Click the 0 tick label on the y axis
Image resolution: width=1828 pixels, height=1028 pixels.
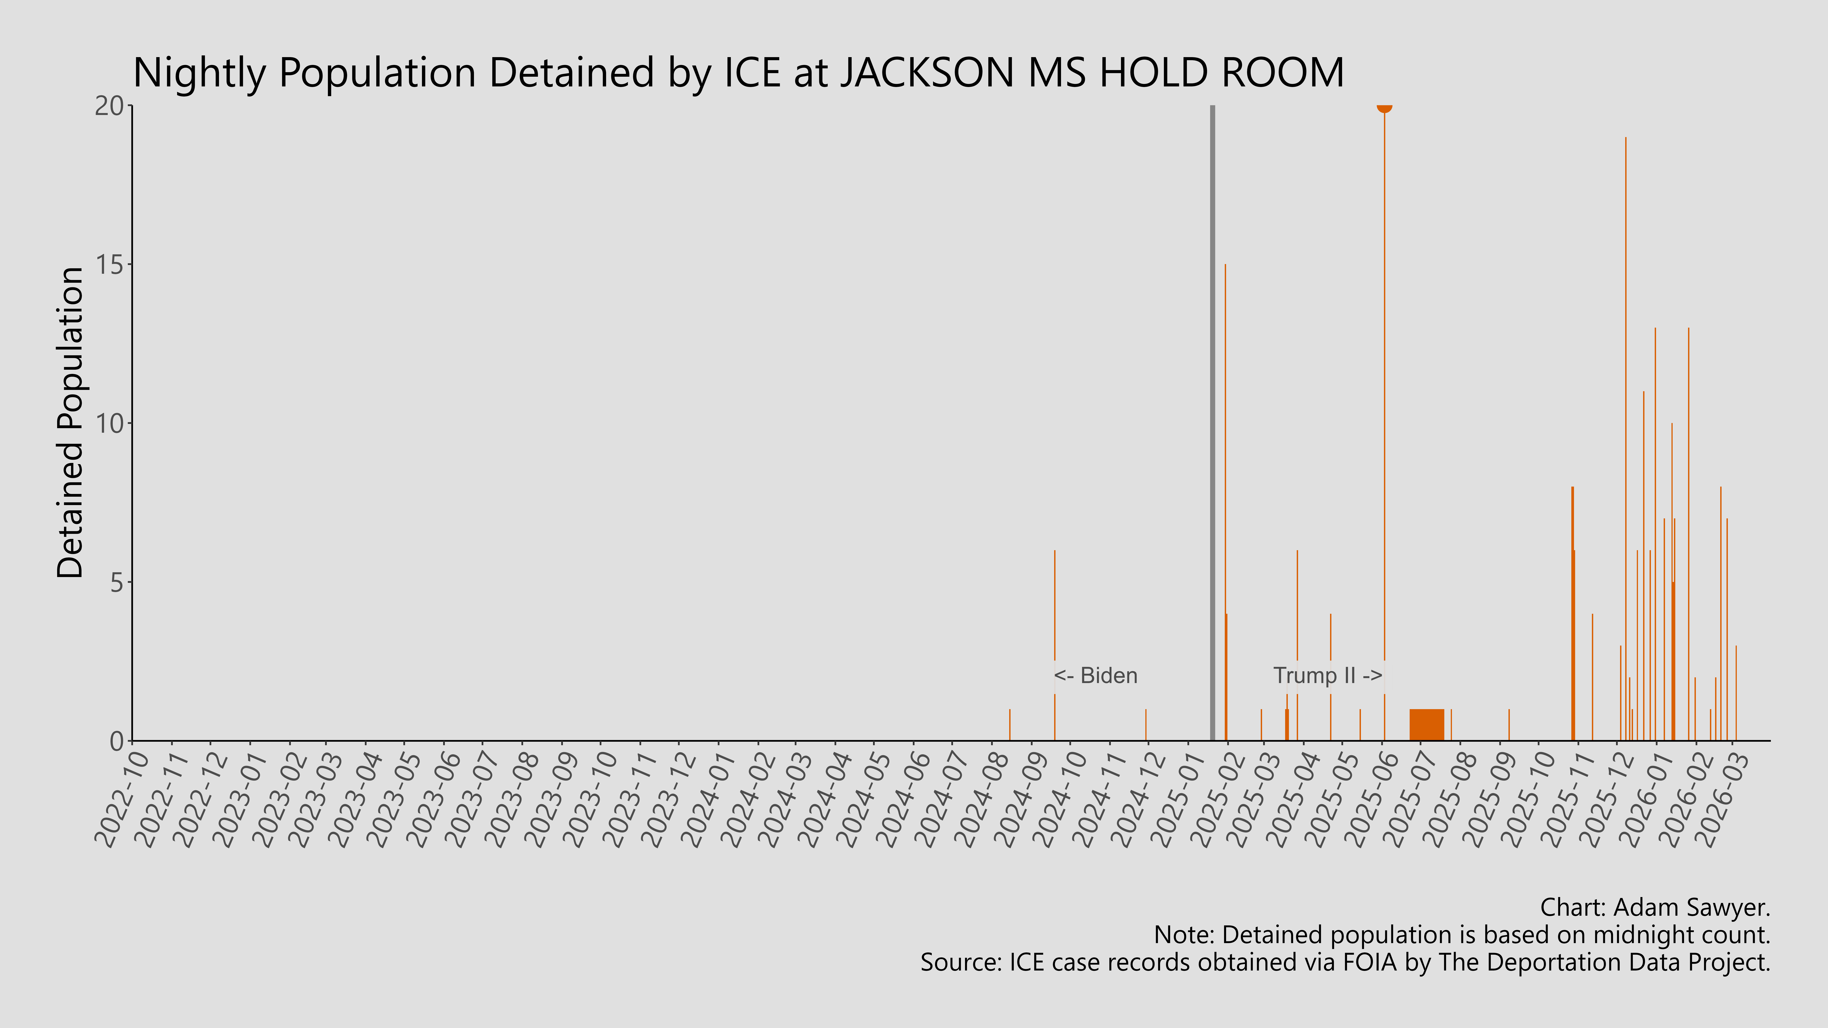pos(117,741)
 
